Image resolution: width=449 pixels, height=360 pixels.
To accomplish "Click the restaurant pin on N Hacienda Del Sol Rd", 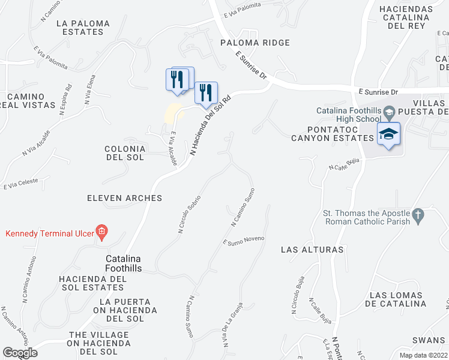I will click(205, 92).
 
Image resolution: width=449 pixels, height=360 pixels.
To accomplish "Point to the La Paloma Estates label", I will click(83, 28).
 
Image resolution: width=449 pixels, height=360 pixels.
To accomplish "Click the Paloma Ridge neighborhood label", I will click(255, 43).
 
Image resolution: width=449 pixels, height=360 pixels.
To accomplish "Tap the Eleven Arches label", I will click(124, 198).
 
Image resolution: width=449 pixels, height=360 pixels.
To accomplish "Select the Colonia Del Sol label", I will click(125, 153).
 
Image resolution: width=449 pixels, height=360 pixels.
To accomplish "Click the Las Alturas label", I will click(313, 249).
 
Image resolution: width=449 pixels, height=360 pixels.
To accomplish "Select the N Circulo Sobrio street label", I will click(189, 213).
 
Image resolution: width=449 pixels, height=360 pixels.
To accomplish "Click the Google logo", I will click(20, 353).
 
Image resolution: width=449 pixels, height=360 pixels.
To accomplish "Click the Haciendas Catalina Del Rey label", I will click(415, 17).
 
